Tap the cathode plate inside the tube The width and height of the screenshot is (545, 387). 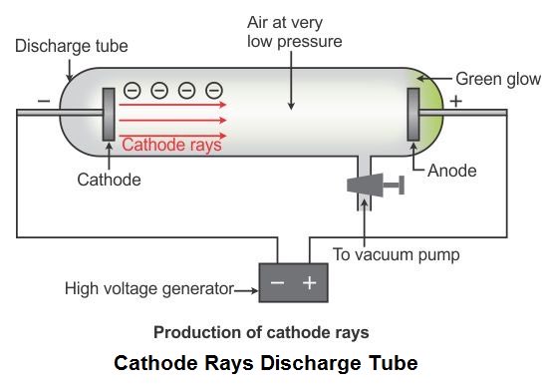108,122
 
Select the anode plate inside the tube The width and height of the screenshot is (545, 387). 411,121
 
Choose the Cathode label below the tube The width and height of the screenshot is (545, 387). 109,181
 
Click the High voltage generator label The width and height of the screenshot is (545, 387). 148,289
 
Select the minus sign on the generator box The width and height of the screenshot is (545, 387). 277,283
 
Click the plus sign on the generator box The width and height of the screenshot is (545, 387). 309,283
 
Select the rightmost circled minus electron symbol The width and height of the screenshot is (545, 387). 210,90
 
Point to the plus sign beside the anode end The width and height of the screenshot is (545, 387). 456,102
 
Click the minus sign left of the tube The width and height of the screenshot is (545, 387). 42,101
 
